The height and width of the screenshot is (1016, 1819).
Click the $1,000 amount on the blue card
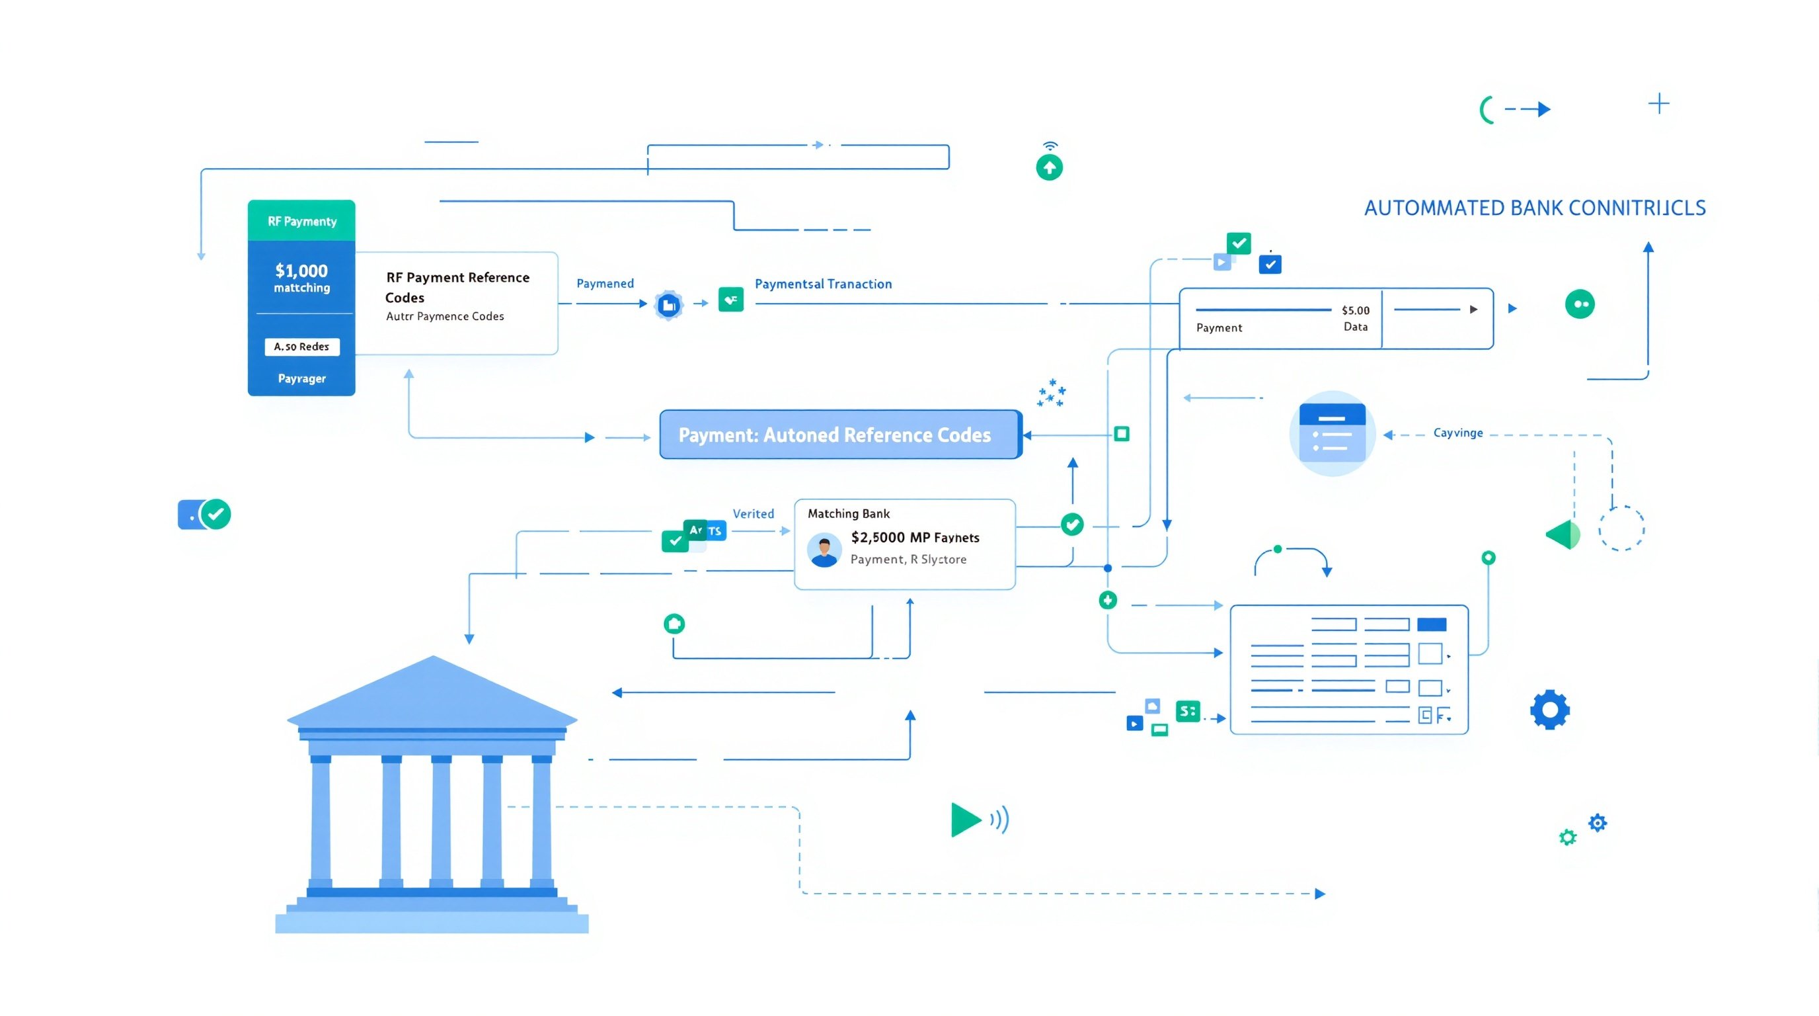301,271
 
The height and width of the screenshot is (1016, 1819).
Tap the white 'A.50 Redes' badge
301,346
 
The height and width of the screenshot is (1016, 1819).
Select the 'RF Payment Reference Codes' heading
457,287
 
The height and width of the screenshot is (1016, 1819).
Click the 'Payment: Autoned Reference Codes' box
839,435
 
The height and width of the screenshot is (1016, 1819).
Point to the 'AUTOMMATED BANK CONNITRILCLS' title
1534,208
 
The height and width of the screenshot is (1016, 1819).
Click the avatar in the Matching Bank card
824,551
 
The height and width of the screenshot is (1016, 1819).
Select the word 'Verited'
753,514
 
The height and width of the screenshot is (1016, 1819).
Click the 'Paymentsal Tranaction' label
823,284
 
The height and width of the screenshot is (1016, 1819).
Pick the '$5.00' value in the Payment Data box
1355,310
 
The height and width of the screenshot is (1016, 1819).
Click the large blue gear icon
1549,709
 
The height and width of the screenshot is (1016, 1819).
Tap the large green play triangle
965,820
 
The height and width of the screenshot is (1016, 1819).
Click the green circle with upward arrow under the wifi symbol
1050,167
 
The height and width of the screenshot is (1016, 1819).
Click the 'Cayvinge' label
1457,433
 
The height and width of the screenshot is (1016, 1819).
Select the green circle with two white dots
1580,304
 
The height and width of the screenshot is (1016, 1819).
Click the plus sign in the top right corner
1658,105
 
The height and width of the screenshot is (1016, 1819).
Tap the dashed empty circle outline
1621,528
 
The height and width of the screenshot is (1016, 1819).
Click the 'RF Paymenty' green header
301,221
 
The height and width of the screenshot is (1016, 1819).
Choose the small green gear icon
1568,837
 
